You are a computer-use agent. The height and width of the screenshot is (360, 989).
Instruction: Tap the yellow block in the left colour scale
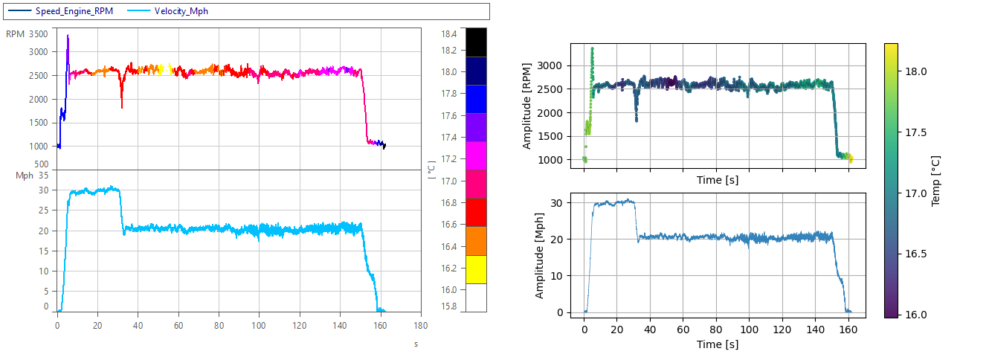[x=475, y=269]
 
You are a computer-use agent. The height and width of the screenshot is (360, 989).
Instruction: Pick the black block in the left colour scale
[x=475, y=42]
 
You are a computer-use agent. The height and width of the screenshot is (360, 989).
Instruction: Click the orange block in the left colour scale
[x=475, y=241]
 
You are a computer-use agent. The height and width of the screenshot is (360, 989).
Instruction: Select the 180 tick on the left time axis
[x=420, y=325]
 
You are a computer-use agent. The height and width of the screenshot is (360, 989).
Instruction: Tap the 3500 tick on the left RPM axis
[x=38, y=33]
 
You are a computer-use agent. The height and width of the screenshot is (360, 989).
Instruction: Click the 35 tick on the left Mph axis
[x=43, y=176]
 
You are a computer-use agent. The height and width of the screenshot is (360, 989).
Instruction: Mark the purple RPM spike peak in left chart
[x=68, y=36]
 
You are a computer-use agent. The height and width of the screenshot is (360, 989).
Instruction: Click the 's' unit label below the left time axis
[x=416, y=344]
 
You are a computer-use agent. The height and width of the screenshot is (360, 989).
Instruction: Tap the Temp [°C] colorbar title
[x=935, y=180]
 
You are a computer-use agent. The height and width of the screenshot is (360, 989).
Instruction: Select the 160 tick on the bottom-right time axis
[x=848, y=328]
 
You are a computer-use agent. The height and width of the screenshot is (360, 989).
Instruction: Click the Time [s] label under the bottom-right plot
[x=717, y=344]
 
